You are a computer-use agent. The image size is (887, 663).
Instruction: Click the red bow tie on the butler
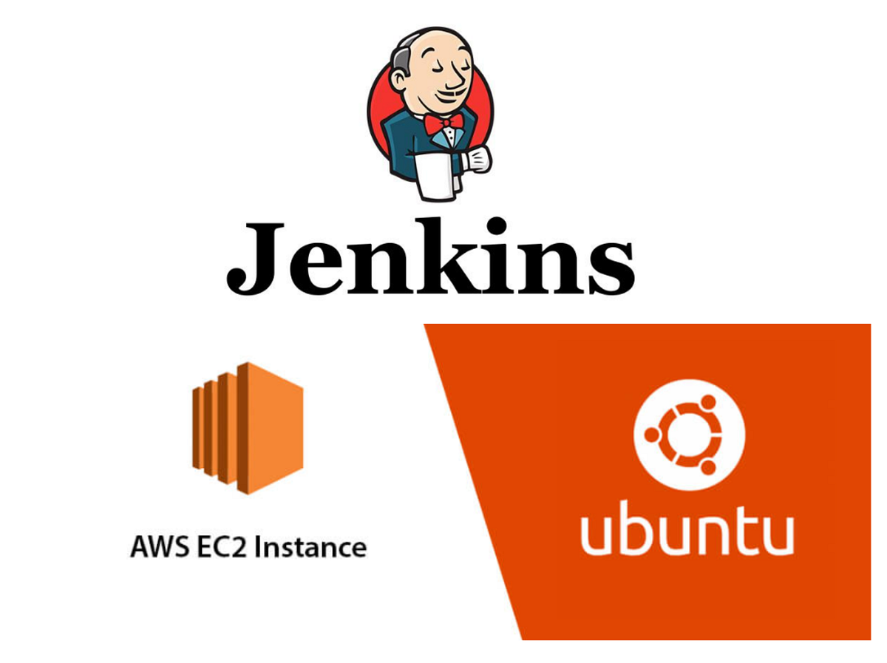pyautogui.click(x=443, y=123)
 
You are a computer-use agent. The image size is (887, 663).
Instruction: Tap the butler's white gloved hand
pyautogui.click(x=477, y=159)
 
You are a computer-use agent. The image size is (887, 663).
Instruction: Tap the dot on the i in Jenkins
pyautogui.click(x=497, y=225)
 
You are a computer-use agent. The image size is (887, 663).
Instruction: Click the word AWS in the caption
pyautogui.click(x=160, y=547)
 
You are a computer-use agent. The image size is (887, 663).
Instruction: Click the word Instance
pyautogui.click(x=310, y=547)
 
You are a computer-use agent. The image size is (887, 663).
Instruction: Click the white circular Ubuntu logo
pyautogui.click(x=689, y=435)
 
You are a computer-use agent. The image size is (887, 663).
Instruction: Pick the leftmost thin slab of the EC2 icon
pyautogui.click(x=197, y=428)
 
